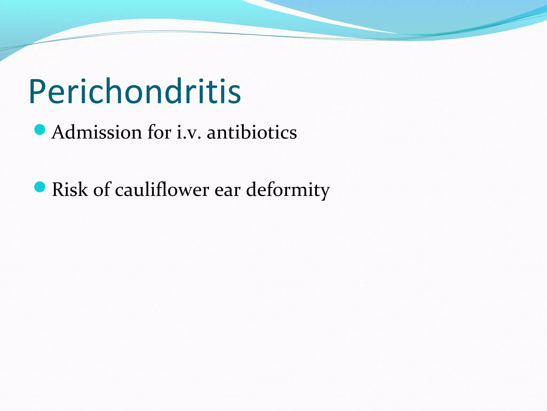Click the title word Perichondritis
[x=135, y=91]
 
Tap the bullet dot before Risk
[x=40, y=187]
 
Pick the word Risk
[x=70, y=189]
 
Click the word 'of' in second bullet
[x=102, y=189]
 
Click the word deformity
[x=288, y=189]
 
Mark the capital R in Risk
[x=59, y=189]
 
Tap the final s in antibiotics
[x=292, y=134]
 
